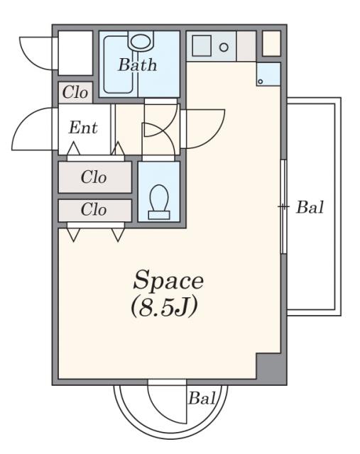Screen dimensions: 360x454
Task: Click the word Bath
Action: click(x=138, y=65)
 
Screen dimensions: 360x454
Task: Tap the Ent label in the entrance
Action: click(x=83, y=128)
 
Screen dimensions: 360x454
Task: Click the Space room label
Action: click(x=168, y=280)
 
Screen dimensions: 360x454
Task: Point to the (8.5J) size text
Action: click(x=164, y=307)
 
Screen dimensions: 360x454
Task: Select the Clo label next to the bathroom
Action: click(x=75, y=92)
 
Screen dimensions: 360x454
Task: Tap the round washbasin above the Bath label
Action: click(x=141, y=41)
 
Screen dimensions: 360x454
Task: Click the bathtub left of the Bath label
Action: click(x=119, y=65)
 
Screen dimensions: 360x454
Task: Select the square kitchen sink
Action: click(x=202, y=45)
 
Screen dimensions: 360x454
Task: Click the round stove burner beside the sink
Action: click(x=224, y=48)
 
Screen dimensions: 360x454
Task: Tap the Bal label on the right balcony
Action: click(x=310, y=207)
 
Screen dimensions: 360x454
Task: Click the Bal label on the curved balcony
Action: click(x=202, y=398)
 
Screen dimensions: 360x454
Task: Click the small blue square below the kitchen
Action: click(x=268, y=74)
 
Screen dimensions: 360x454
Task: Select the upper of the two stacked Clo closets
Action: click(x=94, y=177)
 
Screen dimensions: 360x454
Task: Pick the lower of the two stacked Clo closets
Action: click(x=94, y=210)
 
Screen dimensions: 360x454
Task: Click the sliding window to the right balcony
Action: click(x=283, y=206)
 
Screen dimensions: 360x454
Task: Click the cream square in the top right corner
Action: click(x=271, y=43)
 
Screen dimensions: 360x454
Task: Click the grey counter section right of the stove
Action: click(x=246, y=46)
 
